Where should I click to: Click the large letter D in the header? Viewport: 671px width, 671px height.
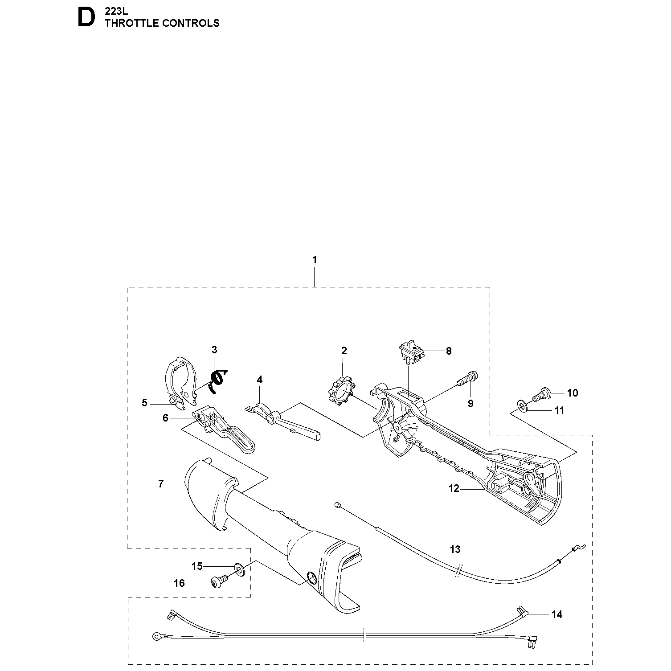86,18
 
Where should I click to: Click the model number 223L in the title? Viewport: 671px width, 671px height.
116,12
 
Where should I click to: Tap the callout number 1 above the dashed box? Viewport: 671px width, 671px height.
315,260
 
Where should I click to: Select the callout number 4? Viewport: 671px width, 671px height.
260,380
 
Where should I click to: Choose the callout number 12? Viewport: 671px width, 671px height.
454,489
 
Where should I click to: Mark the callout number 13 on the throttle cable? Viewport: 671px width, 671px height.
455,549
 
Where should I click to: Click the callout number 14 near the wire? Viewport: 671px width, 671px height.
556,615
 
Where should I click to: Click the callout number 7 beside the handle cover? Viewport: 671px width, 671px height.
161,484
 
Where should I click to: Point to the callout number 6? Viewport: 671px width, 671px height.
165,418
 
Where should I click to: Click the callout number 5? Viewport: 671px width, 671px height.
144,403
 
